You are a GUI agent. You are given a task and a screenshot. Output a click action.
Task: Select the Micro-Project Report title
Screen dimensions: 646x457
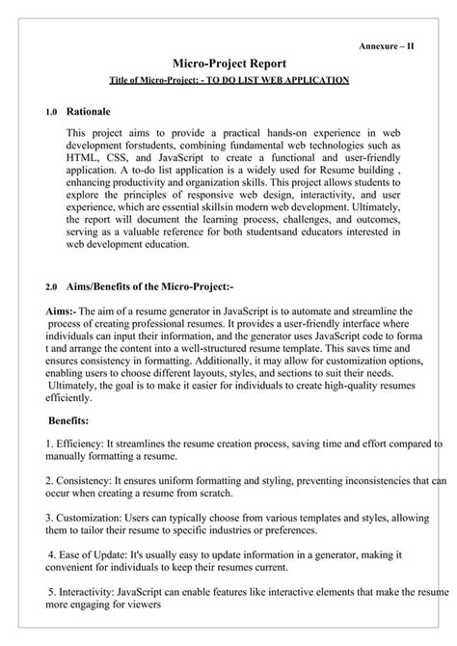pos(227,62)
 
